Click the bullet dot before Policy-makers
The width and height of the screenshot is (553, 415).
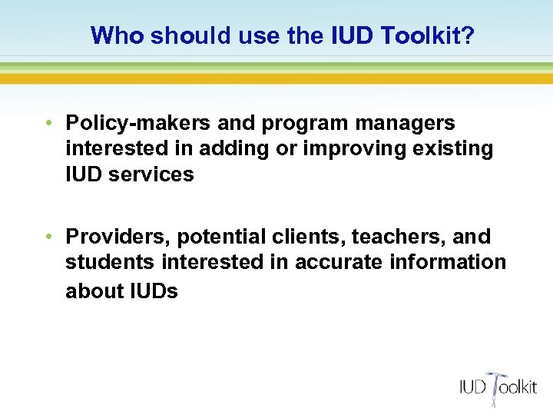[48, 123]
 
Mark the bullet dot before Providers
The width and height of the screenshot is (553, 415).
[48, 237]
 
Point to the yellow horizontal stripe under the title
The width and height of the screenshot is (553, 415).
[276, 78]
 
